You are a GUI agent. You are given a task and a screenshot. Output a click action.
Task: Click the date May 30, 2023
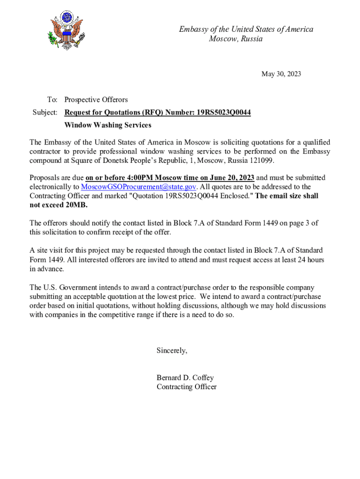(x=281, y=74)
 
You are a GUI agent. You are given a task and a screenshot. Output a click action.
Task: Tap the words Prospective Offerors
(x=96, y=100)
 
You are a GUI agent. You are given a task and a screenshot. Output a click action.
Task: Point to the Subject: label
(x=45, y=113)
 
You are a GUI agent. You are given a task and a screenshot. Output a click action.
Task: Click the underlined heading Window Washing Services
(x=108, y=125)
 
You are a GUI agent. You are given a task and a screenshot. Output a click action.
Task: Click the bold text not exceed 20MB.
(x=58, y=205)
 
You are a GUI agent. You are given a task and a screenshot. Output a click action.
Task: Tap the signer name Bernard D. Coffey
(x=185, y=378)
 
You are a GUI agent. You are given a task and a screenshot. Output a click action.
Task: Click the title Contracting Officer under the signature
(x=187, y=387)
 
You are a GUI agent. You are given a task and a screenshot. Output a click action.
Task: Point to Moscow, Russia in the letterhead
(x=236, y=39)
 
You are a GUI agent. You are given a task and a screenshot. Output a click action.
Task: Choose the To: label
(x=52, y=100)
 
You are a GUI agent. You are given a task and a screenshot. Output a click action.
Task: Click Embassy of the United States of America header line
(x=246, y=29)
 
